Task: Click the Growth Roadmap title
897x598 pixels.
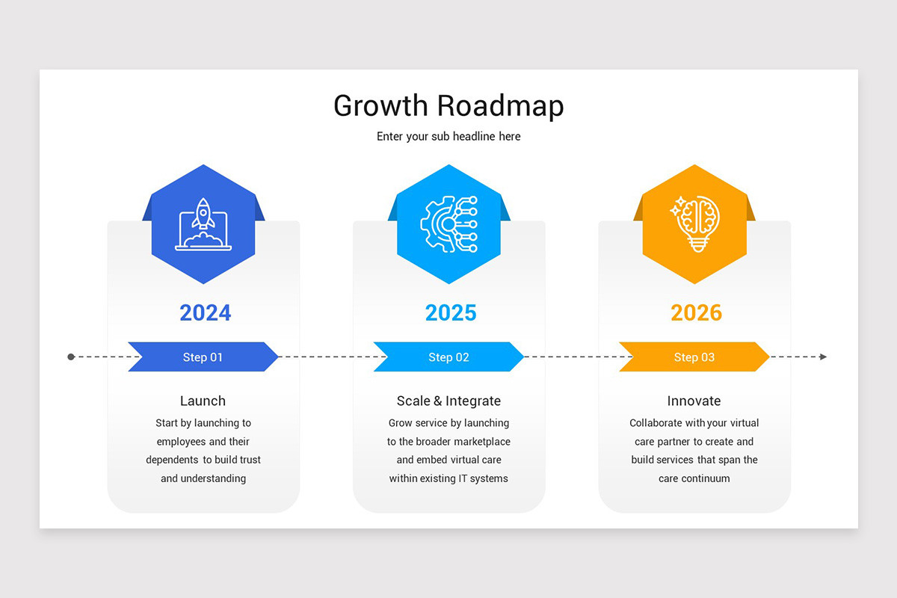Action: [x=449, y=106]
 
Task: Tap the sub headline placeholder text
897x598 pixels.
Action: [x=449, y=137]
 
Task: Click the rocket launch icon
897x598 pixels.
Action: [x=203, y=224]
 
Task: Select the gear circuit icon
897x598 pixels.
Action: [x=449, y=224]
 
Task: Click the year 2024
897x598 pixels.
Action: [x=205, y=312]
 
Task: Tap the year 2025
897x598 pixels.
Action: [x=451, y=312]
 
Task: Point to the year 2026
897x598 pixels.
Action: [x=696, y=312]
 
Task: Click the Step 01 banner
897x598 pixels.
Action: [x=203, y=357]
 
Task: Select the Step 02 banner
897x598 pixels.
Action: [x=449, y=357]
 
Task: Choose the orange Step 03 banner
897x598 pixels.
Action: [x=694, y=357]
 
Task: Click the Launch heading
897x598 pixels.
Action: [x=203, y=401]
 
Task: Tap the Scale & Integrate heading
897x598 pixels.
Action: [x=449, y=401]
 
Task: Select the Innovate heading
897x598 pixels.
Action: [x=694, y=401]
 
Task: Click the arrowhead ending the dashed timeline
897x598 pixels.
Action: [x=823, y=357]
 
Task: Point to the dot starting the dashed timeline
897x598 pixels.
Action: [x=71, y=357]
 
